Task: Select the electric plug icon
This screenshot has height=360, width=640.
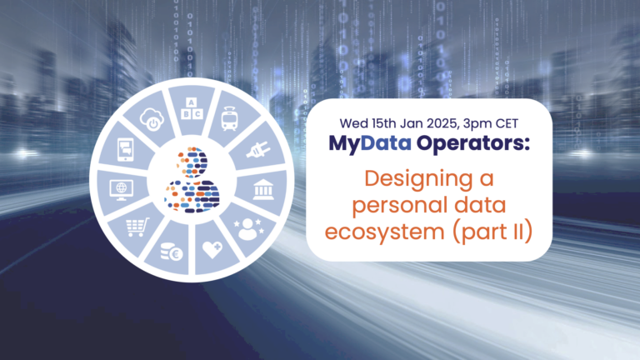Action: (x=254, y=152)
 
